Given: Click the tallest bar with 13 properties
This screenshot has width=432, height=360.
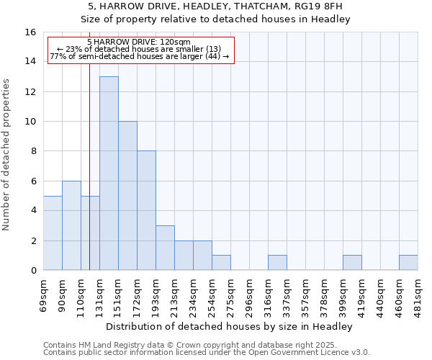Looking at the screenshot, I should [x=109, y=173].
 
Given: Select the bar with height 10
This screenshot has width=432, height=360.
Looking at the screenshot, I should [x=127, y=196].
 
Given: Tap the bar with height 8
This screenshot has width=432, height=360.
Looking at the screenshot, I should [x=146, y=210].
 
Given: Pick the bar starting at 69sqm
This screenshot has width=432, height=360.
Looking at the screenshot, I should [x=53, y=233].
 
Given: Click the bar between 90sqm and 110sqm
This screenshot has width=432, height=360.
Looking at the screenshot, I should [x=71, y=225].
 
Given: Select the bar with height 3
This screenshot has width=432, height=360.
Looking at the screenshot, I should [x=165, y=248].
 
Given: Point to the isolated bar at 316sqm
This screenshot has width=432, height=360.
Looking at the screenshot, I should [x=277, y=263].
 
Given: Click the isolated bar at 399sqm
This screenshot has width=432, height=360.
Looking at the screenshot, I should [x=352, y=263].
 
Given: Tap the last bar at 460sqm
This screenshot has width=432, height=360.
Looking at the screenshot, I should [x=408, y=263].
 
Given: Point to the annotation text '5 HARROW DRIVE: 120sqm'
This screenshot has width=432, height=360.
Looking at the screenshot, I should [x=139, y=42].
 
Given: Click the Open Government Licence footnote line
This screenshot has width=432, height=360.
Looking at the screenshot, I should [x=207, y=353].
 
